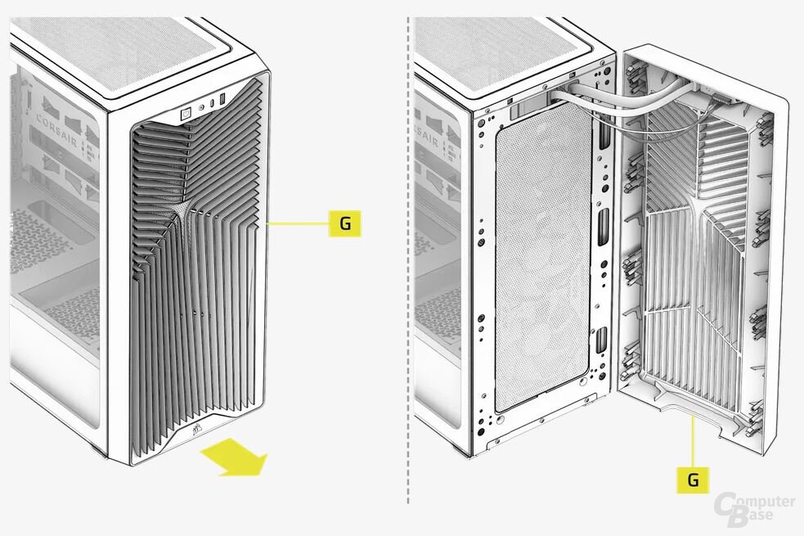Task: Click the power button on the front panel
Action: [x=186, y=114]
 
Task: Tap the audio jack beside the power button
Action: [x=201, y=107]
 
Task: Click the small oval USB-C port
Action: [x=212, y=103]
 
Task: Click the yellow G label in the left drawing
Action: [x=344, y=223]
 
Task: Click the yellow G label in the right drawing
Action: [x=693, y=480]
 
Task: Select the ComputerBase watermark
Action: [x=754, y=509]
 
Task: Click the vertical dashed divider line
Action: [x=408, y=260]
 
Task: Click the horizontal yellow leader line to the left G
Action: [x=298, y=223]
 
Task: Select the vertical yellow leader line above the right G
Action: [x=693, y=442]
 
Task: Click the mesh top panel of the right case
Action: [x=513, y=52]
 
